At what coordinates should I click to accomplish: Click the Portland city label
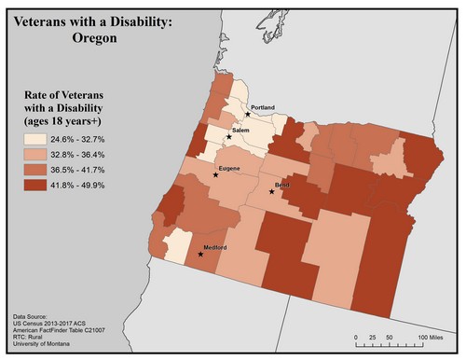(x=264, y=108)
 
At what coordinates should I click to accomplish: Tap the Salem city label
(x=242, y=131)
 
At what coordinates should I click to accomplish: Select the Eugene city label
(x=230, y=168)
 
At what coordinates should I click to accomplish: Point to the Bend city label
(x=283, y=187)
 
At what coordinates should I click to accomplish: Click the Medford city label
(x=215, y=247)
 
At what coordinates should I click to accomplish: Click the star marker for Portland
(x=247, y=114)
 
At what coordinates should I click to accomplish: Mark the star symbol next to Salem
(x=228, y=136)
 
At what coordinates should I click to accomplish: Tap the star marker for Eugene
(x=215, y=174)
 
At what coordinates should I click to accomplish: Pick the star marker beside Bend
(x=271, y=191)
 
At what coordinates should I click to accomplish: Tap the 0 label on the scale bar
(x=356, y=336)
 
